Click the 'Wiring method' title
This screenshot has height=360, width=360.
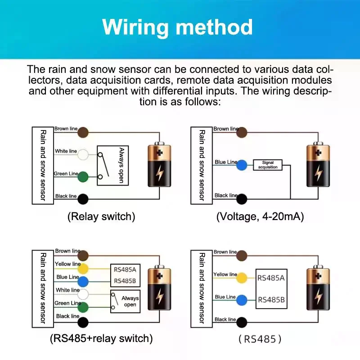point(177,27)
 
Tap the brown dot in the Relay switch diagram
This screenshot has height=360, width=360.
point(83,132)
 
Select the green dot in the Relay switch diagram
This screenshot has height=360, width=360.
point(83,177)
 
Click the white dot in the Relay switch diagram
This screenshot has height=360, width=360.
point(83,154)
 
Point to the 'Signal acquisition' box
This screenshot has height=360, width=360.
point(268,165)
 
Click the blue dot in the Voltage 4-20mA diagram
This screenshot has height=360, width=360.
point(242,165)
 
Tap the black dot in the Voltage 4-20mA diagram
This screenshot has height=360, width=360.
point(242,199)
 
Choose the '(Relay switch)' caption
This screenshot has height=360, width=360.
point(101,216)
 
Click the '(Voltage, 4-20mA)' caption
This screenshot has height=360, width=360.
point(260,216)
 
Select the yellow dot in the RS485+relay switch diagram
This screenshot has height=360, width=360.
point(83,269)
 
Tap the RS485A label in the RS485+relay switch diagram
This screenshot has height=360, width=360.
point(125,270)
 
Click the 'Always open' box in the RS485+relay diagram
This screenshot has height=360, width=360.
point(126,301)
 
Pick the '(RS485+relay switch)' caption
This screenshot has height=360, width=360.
point(101,338)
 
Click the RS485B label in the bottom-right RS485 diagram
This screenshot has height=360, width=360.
point(271,300)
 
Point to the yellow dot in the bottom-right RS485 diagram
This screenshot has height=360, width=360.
point(242,278)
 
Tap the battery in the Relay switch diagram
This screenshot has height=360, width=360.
point(159,164)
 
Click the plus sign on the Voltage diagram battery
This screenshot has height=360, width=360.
point(318,153)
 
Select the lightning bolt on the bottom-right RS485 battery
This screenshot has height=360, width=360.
point(318,296)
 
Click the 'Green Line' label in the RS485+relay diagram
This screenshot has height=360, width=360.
point(68,303)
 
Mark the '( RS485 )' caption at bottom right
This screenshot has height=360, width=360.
point(260,339)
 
